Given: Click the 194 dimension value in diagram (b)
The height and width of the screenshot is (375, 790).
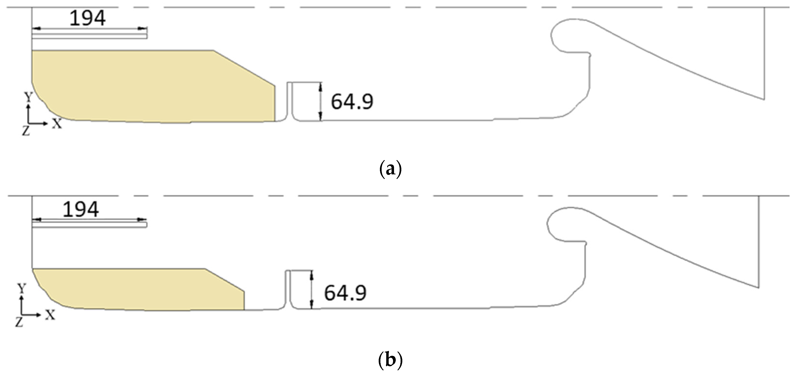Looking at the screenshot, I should point(81,210).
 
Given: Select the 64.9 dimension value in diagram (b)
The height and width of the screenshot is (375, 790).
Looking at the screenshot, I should point(345,293).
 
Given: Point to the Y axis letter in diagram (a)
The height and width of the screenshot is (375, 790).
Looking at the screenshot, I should point(28,98).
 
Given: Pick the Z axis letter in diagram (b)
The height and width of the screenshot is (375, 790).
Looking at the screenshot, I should point(19,322).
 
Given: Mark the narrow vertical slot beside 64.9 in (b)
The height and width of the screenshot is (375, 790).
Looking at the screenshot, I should point(288,290).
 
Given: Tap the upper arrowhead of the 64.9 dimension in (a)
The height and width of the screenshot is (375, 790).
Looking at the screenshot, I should point(321,87).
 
